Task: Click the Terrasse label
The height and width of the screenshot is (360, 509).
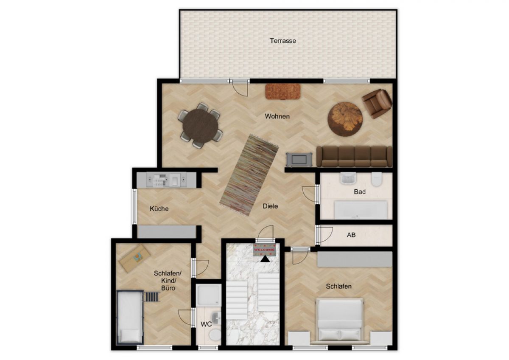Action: pos(283,41)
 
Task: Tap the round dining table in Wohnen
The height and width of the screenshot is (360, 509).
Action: pos(200,126)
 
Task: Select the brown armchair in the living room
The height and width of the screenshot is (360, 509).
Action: pos(377,104)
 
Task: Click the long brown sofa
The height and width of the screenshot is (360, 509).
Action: pos(354,157)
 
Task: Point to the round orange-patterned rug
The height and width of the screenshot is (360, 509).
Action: pos(345,119)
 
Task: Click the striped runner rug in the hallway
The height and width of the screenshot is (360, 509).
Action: pos(249,175)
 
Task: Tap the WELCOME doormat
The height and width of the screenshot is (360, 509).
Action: pos(265,250)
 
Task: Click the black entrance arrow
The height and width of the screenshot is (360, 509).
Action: pos(265,259)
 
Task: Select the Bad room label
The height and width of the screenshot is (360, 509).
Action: pos(360,192)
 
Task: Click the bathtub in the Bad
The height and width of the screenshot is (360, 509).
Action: pos(361,210)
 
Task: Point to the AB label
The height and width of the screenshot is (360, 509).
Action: pos(351,235)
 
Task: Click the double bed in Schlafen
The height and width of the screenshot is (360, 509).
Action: pos(340,321)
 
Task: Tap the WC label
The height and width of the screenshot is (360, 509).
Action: pos(206,324)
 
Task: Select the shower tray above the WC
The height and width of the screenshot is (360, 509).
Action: pos(209,295)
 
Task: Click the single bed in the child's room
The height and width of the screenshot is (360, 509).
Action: pos(130,317)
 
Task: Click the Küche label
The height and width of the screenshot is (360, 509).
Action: pos(159,209)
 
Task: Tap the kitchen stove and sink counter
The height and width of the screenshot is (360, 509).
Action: pos(166,180)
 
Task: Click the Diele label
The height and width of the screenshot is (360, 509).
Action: pos(270,206)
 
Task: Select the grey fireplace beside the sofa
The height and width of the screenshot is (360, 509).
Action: pos(299,159)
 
